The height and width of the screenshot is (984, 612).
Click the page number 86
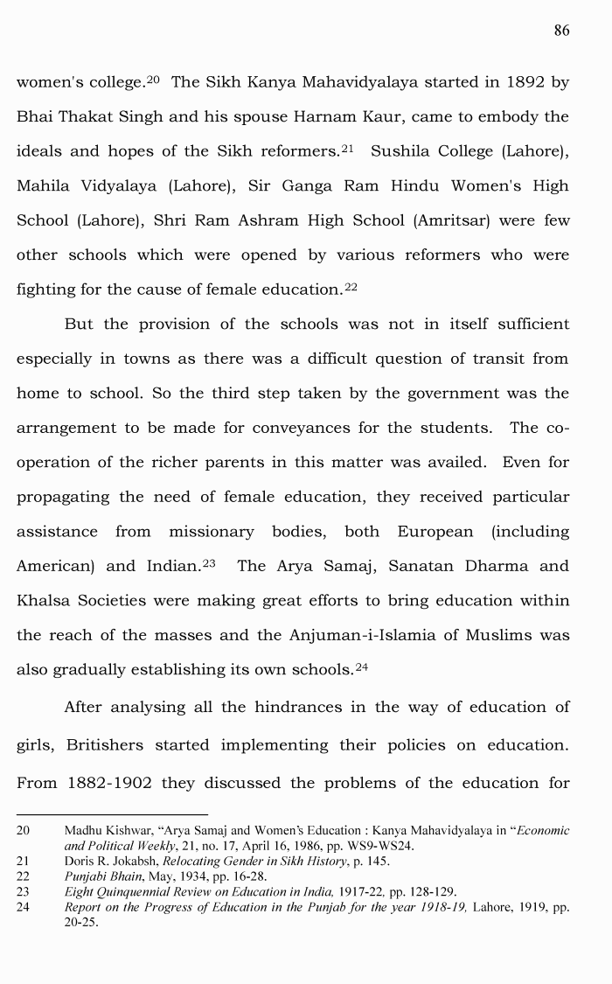coord(561,31)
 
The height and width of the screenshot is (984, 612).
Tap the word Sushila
coord(403,151)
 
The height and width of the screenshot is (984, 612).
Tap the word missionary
coord(212,532)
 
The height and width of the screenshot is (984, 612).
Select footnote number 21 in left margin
coord(24,862)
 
